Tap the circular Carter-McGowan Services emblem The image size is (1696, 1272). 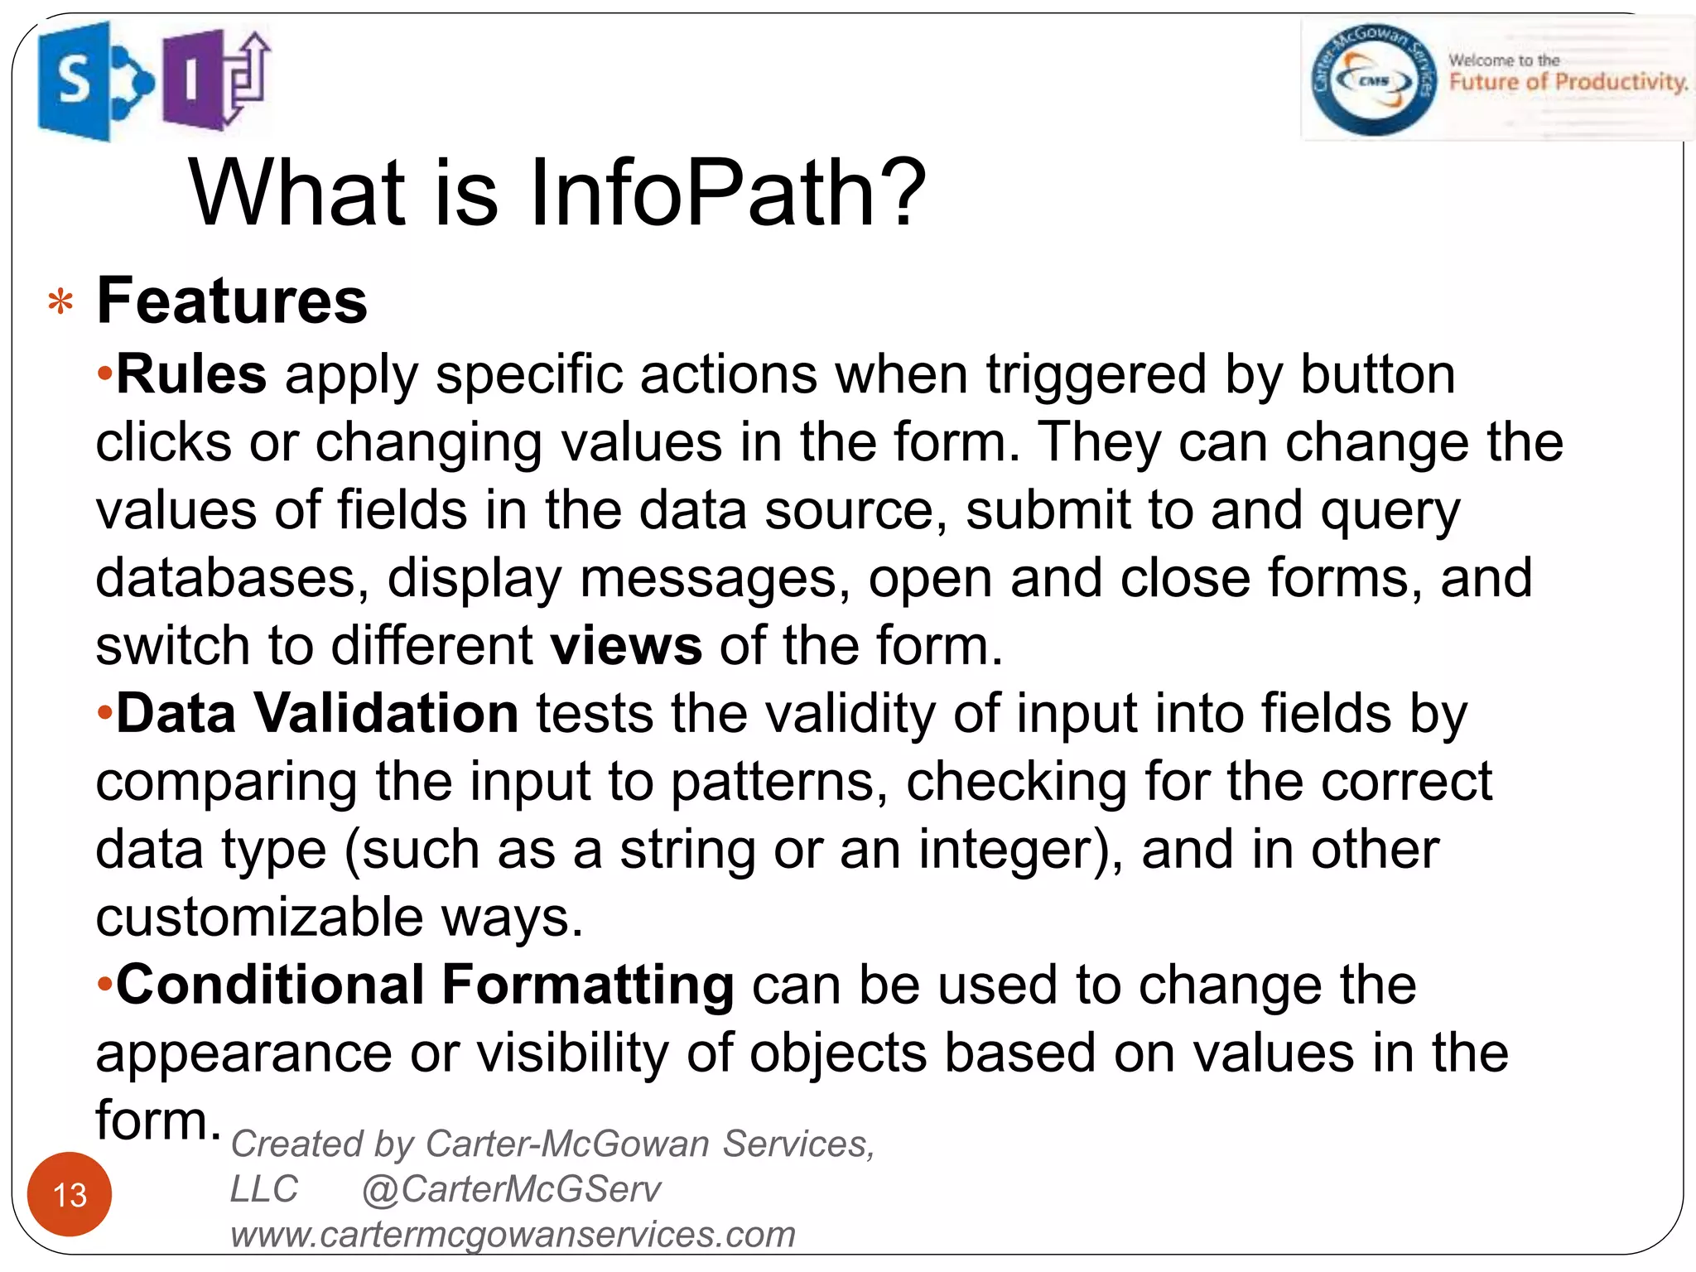point(1372,80)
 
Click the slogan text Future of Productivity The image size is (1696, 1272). point(1568,82)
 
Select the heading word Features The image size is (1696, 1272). point(232,301)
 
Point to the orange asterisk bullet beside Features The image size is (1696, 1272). point(60,303)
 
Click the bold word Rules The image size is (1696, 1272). point(191,374)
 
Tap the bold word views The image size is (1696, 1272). point(627,646)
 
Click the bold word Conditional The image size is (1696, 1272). point(270,985)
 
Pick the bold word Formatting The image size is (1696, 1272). point(588,986)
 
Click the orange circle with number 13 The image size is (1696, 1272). point(70,1194)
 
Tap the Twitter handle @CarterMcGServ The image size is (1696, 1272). point(512,1189)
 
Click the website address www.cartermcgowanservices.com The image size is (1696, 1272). point(513,1235)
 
